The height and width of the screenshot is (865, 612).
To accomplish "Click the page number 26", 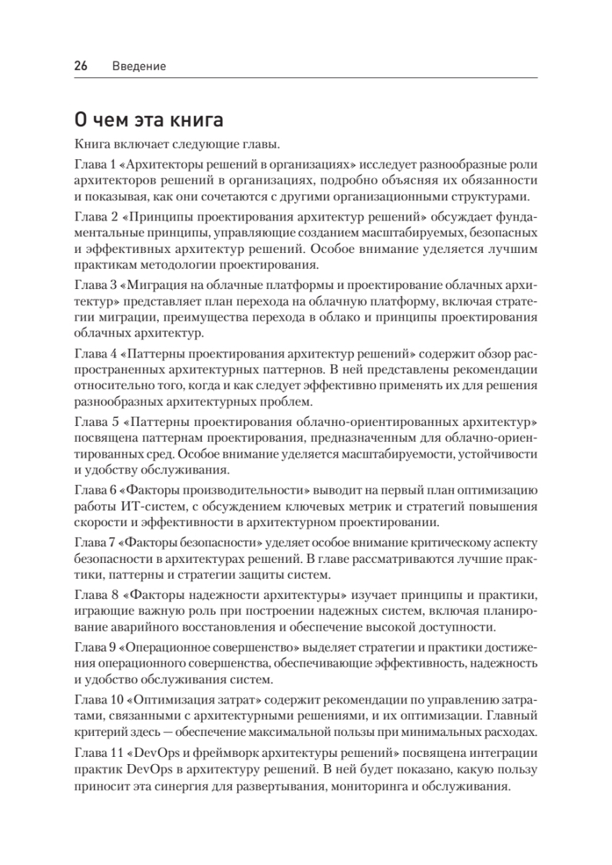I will (80, 66).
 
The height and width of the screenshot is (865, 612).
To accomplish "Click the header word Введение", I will (139, 66).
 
